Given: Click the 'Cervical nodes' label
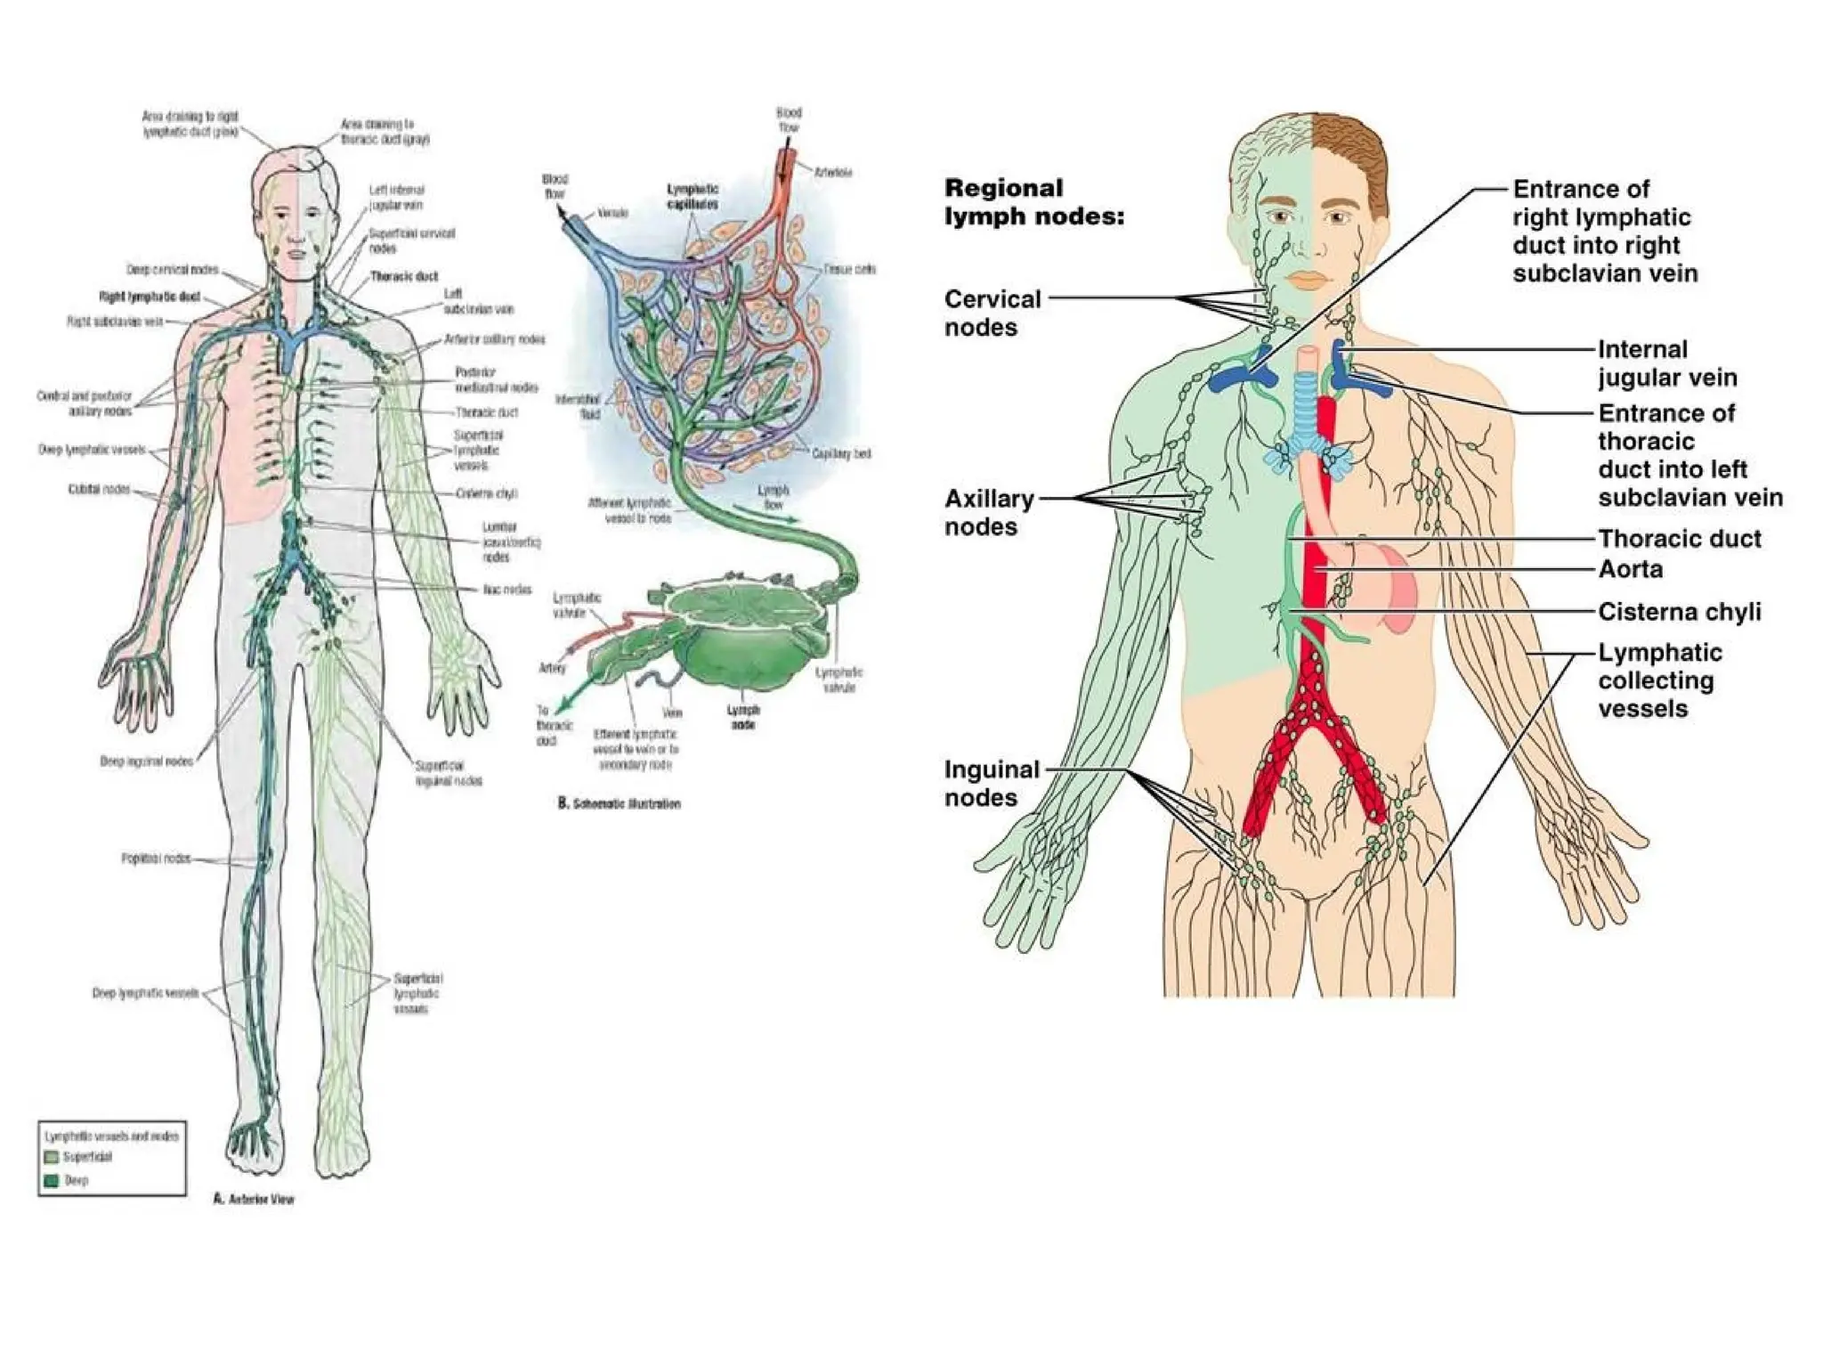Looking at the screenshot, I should (x=992, y=313).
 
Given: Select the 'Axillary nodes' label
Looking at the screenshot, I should (x=988, y=512).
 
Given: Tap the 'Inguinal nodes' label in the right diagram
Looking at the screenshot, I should (x=991, y=783).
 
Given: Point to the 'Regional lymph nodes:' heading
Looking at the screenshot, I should (x=1033, y=202).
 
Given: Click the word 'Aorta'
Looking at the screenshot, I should (x=1630, y=569).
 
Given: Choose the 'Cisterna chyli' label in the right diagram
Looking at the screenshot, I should (x=1679, y=612).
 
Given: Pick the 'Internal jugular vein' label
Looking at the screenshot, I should (x=1666, y=363).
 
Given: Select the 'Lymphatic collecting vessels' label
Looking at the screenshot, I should (x=1659, y=680).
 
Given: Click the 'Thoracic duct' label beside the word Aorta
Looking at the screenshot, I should (x=1679, y=539).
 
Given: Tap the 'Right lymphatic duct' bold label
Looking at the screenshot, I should (x=150, y=297).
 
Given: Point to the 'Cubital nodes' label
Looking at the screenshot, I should (x=99, y=490).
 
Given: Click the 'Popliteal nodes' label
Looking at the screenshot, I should (x=156, y=859).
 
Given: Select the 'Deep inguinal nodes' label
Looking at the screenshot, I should (x=146, y=761).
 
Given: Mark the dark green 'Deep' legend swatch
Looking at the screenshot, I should (x=52, y=1180).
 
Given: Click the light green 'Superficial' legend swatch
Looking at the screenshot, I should (x=52, y=1157).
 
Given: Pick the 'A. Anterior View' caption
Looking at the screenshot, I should (x=253, y=1200).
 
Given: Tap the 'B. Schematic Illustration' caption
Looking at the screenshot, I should (x=619, y=803).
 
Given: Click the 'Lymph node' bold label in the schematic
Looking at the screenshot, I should (x=743, y=717).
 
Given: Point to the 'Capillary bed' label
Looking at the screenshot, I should (x=841, y=453).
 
